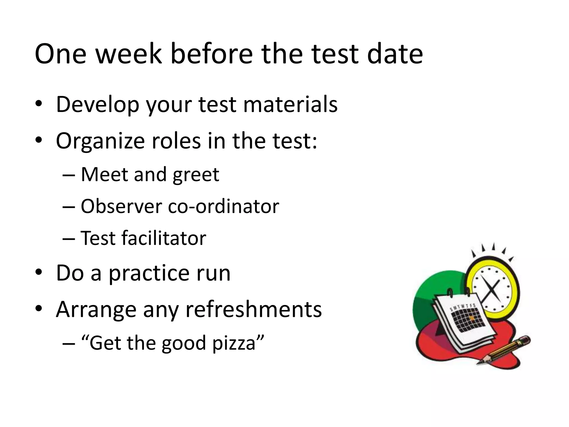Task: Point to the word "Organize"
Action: pyautogui.click(x=100, y=141)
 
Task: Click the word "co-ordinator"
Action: pyautogui.click(x=223, y=206)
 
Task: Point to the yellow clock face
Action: pyautogui.click(x=492, y=289)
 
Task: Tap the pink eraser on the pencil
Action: pyautogui.click(x=525, y=339)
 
